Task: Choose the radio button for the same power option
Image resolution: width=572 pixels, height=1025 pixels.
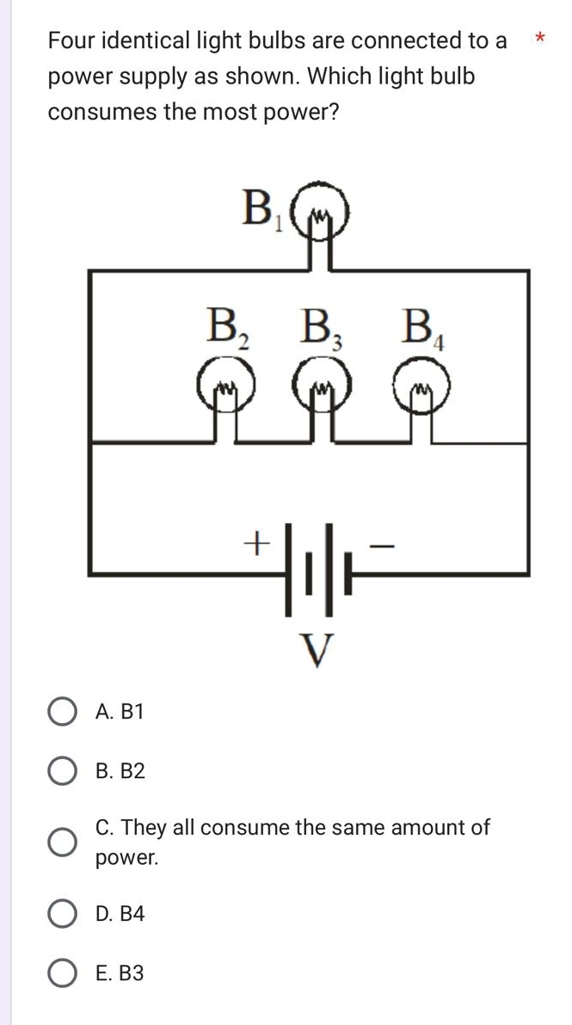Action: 60,842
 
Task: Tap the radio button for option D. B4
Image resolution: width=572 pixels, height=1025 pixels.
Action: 60,914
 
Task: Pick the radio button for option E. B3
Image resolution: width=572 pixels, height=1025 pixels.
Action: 60,973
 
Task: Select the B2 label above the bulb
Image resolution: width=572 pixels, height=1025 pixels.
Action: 226,327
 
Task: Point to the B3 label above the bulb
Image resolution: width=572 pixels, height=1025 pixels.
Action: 319,327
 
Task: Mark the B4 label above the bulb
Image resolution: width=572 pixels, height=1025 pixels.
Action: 423,328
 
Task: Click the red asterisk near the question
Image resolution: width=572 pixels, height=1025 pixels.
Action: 539,38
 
